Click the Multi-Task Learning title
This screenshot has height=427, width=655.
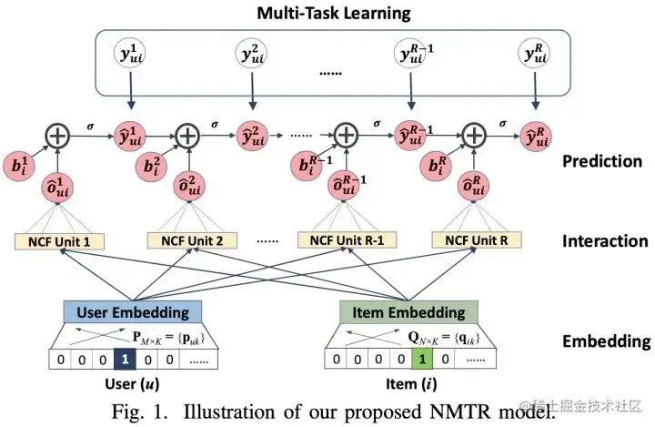click(x=332, y=13)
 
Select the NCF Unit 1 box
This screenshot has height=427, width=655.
click(x=59, y=242)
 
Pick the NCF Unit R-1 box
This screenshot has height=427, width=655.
click(x=341, y=242)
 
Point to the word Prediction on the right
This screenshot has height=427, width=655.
click(x=602, y=161)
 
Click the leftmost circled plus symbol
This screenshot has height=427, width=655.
click(x=58, y=137)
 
